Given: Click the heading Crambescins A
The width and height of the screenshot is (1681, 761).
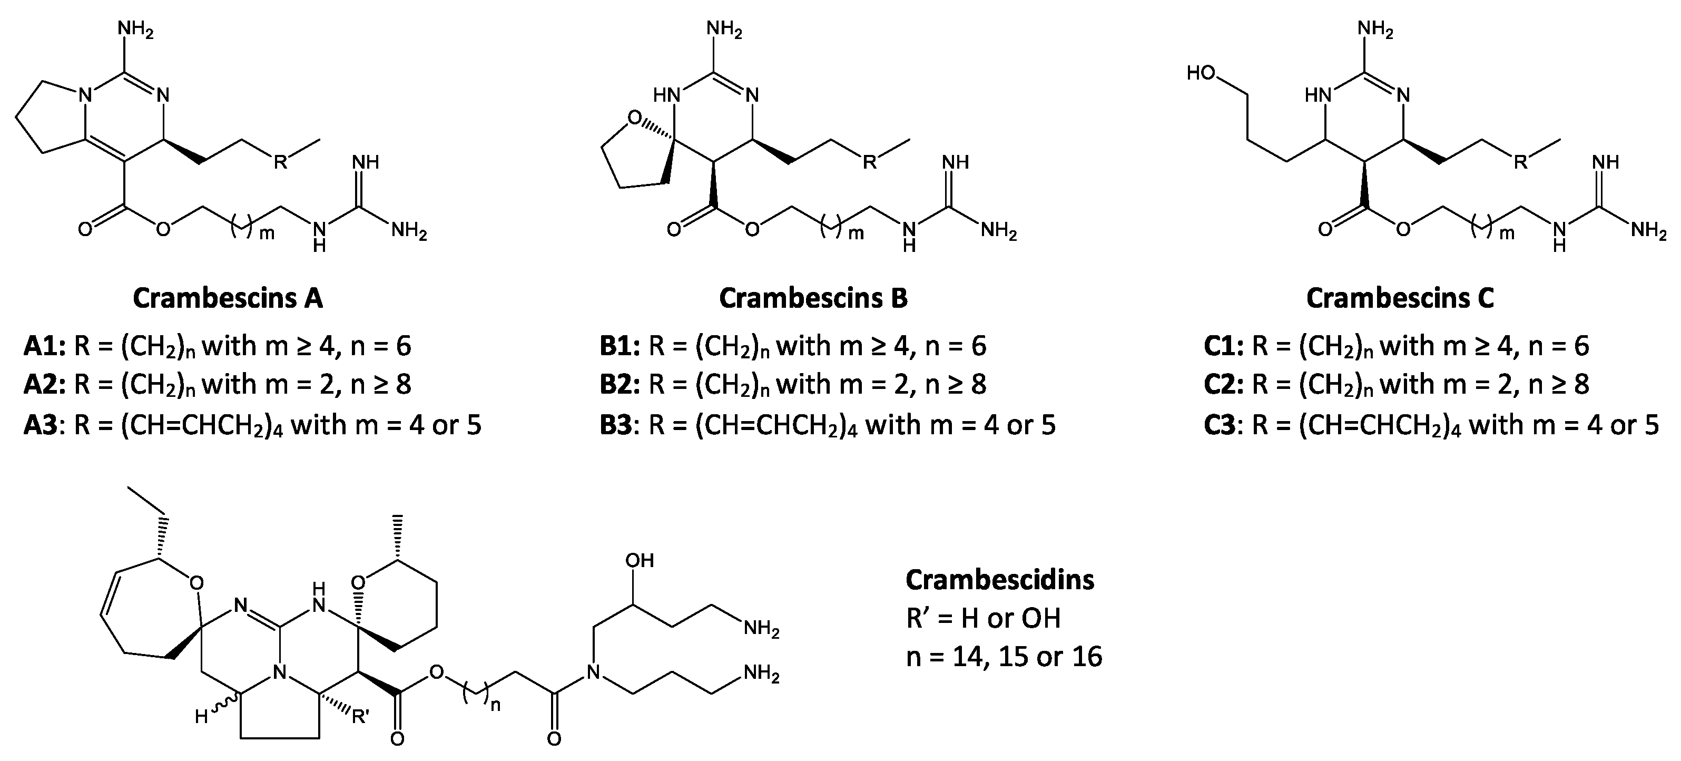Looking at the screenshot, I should tap(228, 298).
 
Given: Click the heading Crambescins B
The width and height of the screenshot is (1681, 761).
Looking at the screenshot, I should tap(813, 298).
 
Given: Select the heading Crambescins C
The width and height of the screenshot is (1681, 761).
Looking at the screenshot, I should tap(1400, 298).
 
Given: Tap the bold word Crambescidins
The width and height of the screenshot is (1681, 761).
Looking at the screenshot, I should tap(1000, 580).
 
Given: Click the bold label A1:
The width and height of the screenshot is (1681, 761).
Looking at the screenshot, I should tap(44, 346).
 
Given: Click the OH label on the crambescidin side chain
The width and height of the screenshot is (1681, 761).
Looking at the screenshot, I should tap(639, 561).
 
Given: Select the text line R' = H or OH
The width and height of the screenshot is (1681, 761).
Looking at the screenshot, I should tap(984, 618).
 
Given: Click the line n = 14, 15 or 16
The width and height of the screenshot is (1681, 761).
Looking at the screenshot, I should tap(1004, 657).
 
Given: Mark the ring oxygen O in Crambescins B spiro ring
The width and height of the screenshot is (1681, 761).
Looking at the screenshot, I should tap(634, 118).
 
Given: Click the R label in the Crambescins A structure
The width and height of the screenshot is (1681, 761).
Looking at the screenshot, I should tap(280, 162).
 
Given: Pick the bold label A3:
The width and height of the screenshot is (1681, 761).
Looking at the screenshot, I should tap(44, 425).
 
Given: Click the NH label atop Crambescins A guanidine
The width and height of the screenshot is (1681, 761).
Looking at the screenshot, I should tap(366, 162).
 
